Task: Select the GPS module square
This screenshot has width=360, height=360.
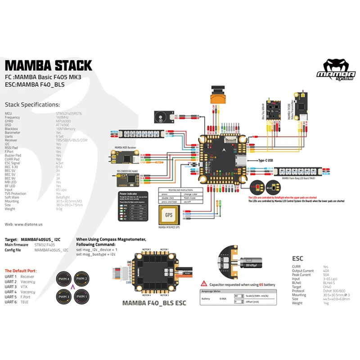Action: click(168, 216)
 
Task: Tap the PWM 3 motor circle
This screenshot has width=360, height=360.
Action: click(63, 297)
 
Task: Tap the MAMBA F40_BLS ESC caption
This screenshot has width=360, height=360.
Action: click(154, 303)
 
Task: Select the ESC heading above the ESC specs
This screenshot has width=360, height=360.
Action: click(297, 259)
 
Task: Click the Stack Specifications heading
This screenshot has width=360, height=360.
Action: click(32, 104)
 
